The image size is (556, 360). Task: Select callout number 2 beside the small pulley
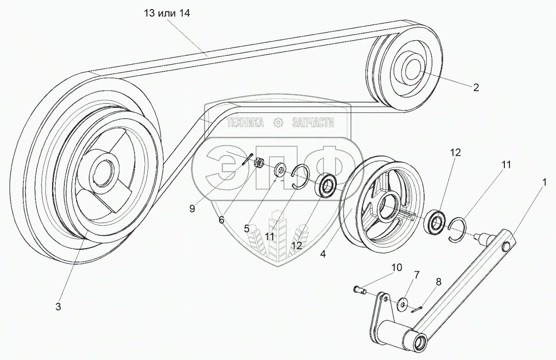(476, 87)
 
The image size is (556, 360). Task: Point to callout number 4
(323, 254)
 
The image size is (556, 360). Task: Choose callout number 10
(397, 267)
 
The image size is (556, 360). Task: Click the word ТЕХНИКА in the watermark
(246, 122)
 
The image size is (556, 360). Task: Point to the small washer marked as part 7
(402, 303)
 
